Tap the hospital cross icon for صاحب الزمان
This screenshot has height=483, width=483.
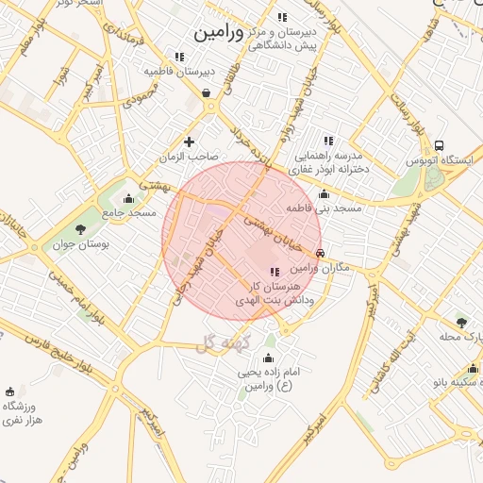click(190, 142)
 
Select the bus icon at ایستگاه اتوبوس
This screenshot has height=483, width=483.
click(440, 145)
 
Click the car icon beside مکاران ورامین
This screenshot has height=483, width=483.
click(322, 254)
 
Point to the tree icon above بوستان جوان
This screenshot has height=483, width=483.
click(79, 228)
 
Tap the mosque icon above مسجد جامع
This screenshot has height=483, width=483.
click(129, 199)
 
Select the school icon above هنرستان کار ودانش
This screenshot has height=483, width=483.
click(275, 272)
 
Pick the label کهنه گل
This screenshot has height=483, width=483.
click(230, 342)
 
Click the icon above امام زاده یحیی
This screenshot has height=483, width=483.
click(269, 358)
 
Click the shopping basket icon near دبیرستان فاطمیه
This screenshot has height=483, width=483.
click(207, 92)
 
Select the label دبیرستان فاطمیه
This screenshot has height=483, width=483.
click(179, 71)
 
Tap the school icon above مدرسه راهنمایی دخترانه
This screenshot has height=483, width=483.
click(327, 141)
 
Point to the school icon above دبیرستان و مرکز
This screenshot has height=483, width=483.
click(282, 17)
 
